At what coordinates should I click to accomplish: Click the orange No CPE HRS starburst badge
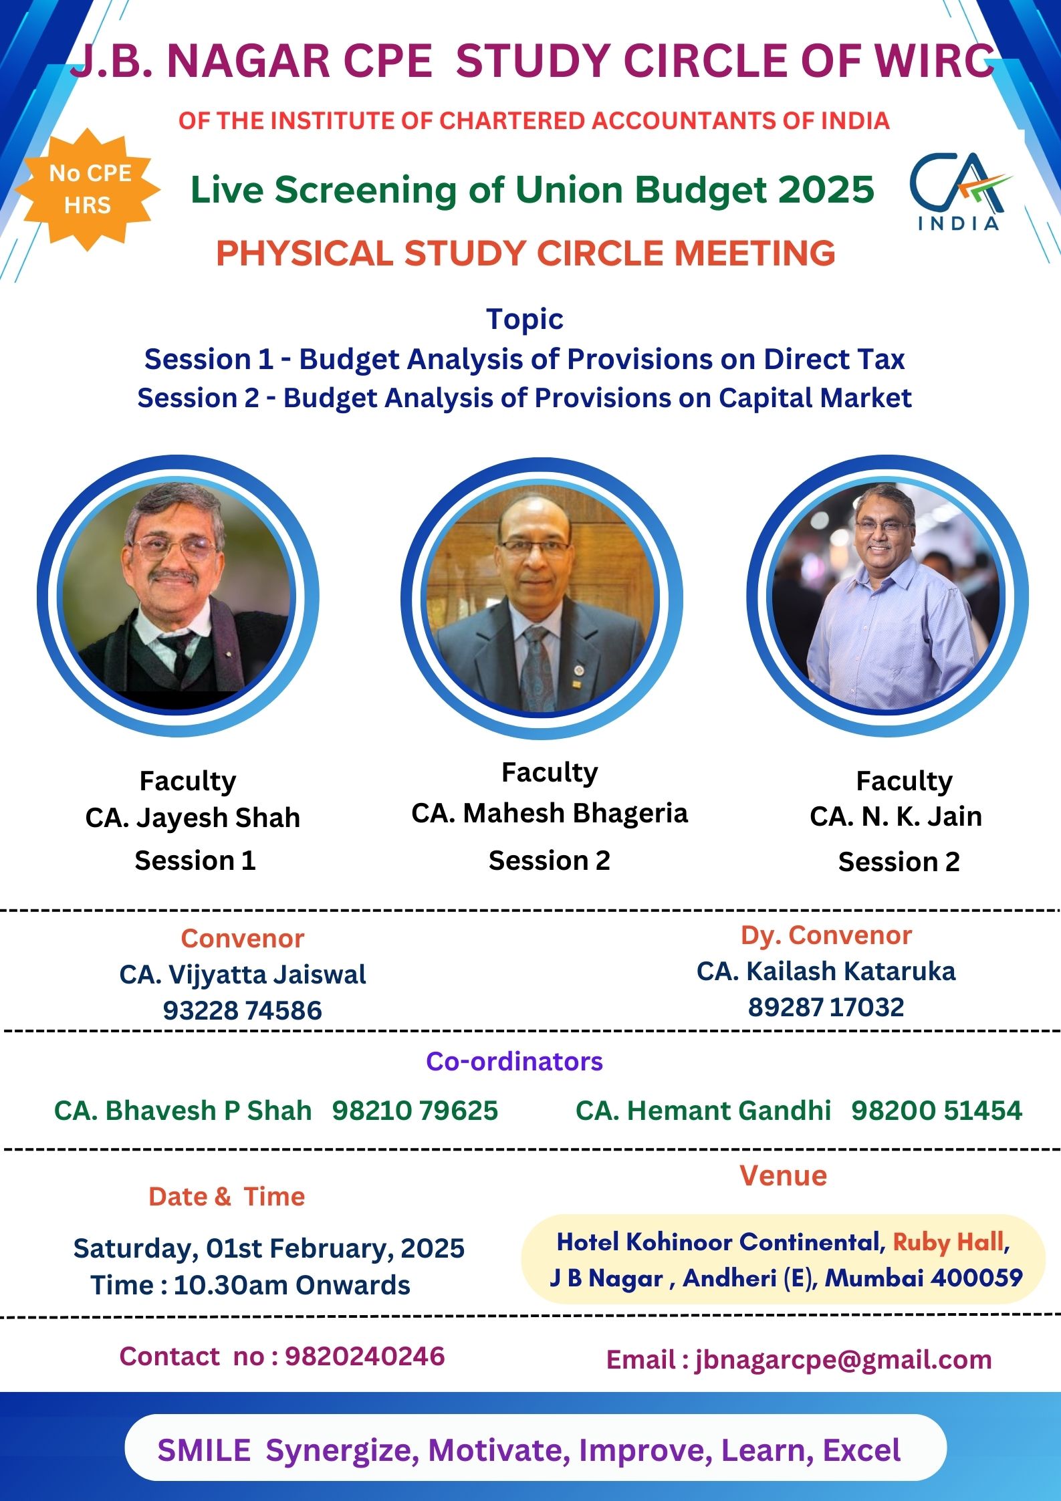88,189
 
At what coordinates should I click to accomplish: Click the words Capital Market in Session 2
815,398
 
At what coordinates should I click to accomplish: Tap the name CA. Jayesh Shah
193,818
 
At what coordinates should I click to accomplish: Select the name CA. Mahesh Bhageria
550,814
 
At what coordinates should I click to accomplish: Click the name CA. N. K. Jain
896,816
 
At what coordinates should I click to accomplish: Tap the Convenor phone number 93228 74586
243,1010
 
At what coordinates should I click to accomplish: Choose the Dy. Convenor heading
826,936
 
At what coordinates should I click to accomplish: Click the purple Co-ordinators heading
515,1062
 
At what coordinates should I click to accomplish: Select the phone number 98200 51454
937,1111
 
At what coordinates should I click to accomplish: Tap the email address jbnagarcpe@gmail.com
844,1360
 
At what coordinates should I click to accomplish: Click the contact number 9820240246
365,1356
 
